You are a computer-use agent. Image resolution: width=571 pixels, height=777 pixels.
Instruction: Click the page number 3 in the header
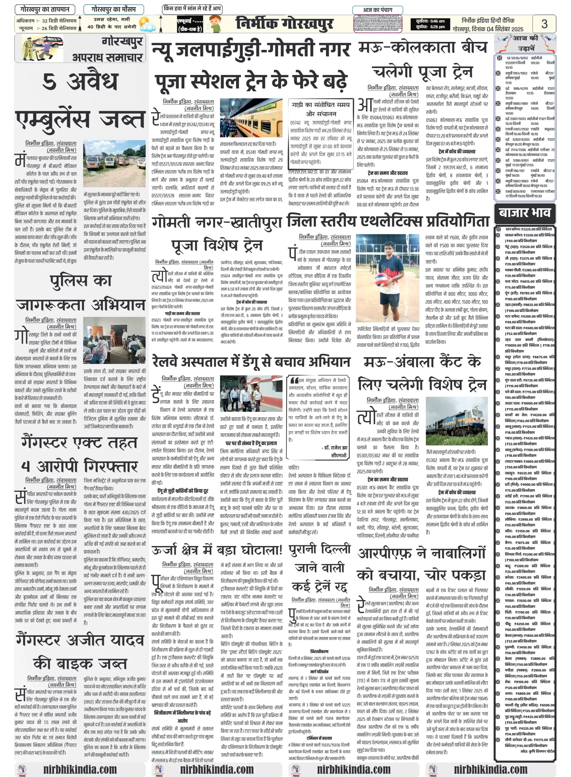[544, 24]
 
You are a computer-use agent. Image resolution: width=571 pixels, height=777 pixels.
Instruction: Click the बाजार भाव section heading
[524, 212]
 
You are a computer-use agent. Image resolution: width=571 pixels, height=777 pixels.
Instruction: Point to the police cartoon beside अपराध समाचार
[42, 48]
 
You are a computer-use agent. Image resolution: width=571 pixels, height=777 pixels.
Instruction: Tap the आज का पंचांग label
[377, 10]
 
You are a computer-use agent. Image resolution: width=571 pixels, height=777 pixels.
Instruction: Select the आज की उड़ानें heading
[525, 42]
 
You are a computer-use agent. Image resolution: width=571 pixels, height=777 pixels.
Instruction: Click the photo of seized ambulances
[114, 163]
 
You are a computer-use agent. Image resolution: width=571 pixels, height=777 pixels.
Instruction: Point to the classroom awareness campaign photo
[114, 340]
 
